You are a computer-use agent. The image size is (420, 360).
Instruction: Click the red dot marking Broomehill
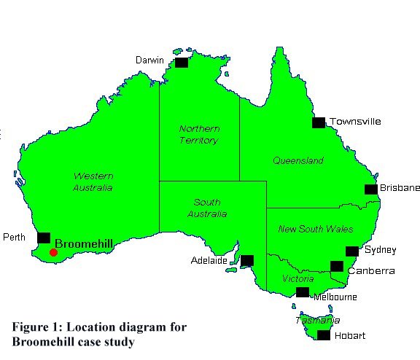(x=53, y=253)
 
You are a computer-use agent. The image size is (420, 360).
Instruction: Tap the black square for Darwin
(x=181, y=63)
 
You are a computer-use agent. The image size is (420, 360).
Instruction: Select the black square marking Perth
(x=44, y=238)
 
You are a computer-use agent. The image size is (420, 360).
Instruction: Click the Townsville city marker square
(x=319, y=122)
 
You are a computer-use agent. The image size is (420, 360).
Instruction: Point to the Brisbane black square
(x=371, y=189)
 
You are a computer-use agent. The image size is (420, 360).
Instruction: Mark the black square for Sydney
(x=351, y=251)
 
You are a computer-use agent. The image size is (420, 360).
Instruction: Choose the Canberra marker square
(x=336, y=266)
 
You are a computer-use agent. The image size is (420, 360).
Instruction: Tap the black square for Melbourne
(x=303, y=292)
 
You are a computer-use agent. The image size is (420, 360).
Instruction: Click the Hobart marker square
(x=323, y=335)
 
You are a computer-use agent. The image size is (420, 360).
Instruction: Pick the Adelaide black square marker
(x=247, y=260)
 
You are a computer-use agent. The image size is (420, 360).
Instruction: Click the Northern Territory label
(x=199, y=134)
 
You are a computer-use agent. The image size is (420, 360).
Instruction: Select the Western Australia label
(x=93, y=181)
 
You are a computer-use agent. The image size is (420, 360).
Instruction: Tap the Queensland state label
(x=297, y=160)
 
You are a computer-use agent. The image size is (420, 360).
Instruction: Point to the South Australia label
(x=211, y=208)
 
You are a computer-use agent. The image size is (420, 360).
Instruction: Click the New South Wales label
(x=316, y=229)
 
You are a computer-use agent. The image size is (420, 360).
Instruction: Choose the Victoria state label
(x=298, y=279)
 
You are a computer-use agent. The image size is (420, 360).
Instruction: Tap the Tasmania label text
(x=317, y=320)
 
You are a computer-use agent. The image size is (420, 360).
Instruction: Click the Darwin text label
(x=149, y=60)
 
